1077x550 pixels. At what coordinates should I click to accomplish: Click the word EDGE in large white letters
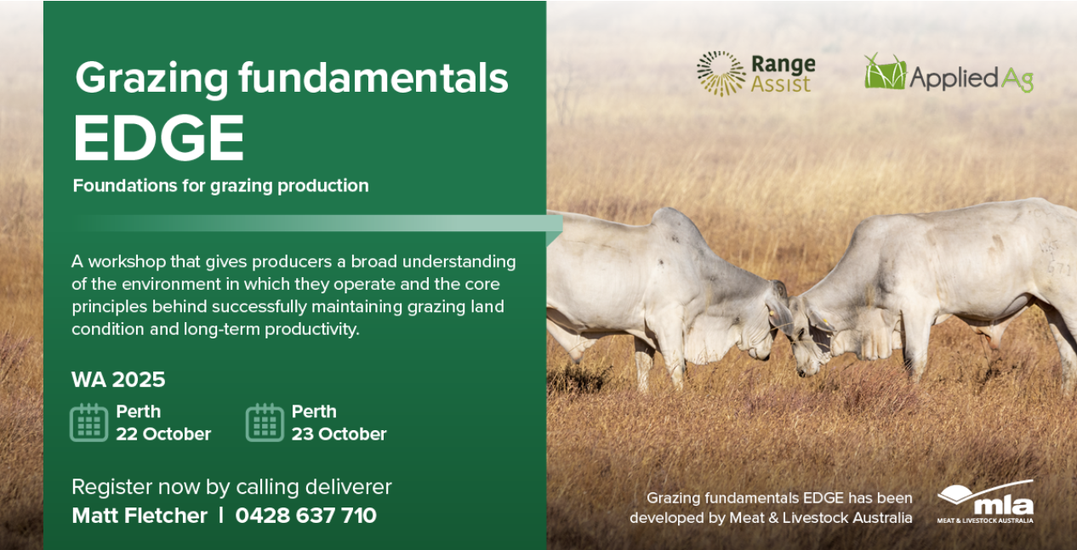(159, 138)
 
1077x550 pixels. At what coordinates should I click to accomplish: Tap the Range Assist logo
(755, 73)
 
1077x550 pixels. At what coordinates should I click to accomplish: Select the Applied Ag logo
(949, 73)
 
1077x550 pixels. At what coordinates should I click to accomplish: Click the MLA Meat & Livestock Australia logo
(985, 502)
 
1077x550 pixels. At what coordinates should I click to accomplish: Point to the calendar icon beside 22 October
(89, 422)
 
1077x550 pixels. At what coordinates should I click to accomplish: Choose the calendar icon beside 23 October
(265, 422)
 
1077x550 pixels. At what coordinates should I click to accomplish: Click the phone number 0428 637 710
(305, 515)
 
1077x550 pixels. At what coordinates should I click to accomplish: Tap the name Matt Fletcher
(140, 515)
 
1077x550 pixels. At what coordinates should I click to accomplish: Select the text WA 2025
(118, 379)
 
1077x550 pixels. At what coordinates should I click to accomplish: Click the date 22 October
(163, 434)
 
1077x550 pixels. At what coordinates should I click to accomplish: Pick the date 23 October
(339, 434)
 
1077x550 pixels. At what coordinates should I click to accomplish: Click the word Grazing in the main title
(151, 79)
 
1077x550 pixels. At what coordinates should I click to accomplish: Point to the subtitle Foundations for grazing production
(220, 186)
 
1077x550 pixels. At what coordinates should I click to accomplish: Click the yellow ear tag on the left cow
(772, 313)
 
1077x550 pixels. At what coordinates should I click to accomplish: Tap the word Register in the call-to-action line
(111, 488)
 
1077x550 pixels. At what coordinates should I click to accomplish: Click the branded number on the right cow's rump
(1057, 259)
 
